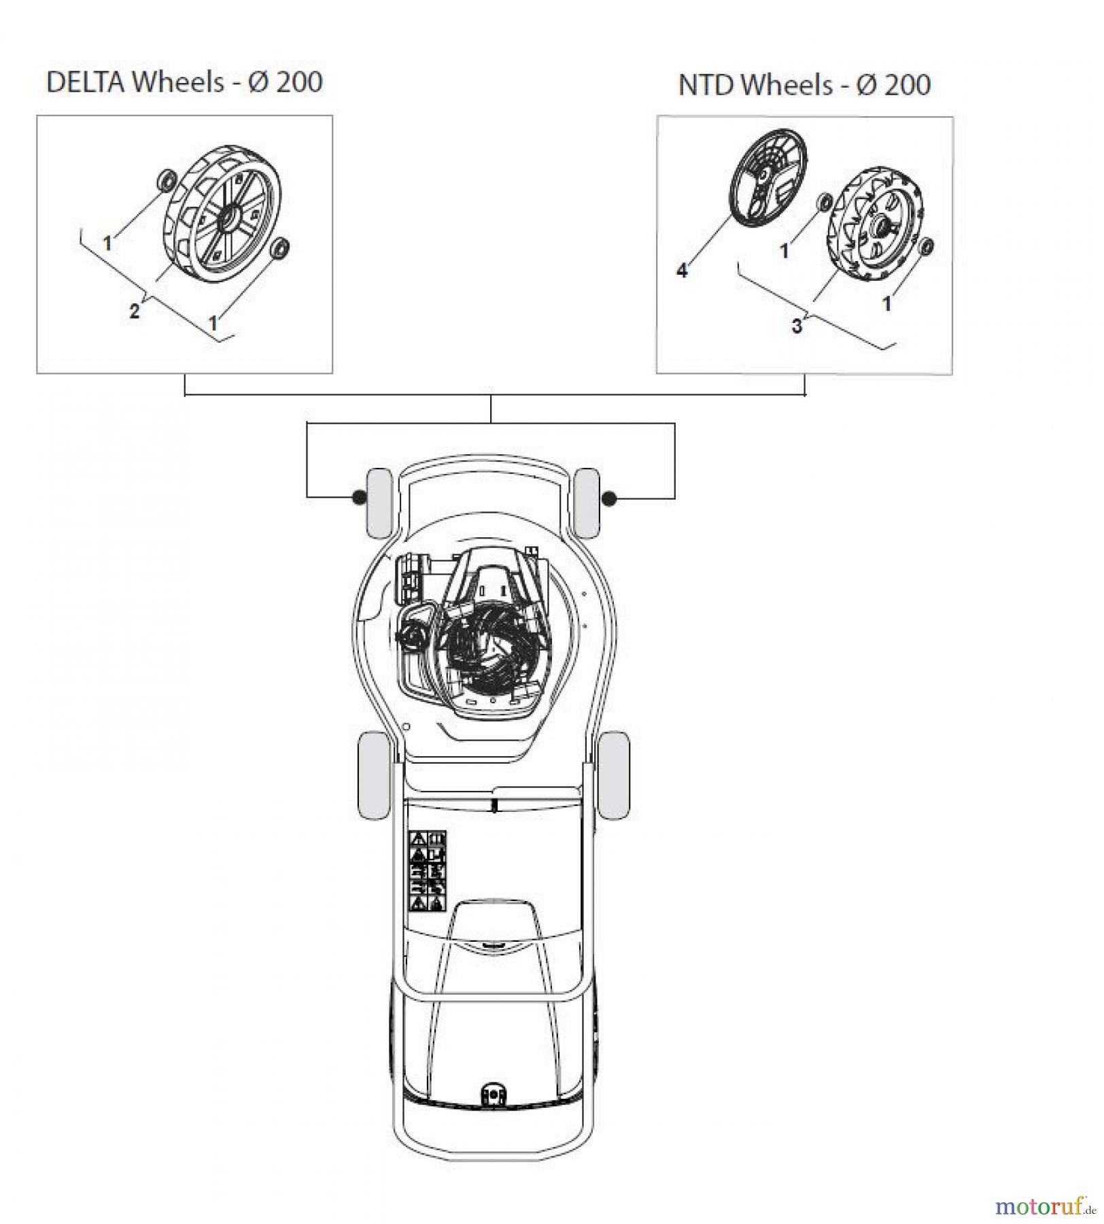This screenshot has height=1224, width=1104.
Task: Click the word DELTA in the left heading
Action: pyautogui.click(x=85, y=82)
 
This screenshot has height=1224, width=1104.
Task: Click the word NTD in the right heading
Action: pyautogui.click(x=706, y=86)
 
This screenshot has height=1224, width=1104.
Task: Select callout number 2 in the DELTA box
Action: pyautogui.click(x=135, y=311)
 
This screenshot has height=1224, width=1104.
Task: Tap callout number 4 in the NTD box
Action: pyautogui.click(x=682, y=271)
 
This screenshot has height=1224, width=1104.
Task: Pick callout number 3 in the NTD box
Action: pyautogui.click(x=797, y=326)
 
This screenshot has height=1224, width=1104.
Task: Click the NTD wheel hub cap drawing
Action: pyautogui.click(x=768, y=178)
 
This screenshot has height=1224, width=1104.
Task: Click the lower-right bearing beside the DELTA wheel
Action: pyautogui.click(x=280, y=248)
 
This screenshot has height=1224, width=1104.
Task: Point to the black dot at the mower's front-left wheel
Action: pyautogui.click(x=358, y=498)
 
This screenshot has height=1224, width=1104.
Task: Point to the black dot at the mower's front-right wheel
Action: pyautogui.click(x=609, y=499)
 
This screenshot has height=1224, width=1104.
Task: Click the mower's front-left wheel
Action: pyautogui.click(x=379, y=502)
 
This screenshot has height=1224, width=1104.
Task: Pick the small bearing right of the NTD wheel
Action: pyautogui.click(x=926, y=247)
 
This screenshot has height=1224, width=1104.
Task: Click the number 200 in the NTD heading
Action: pyautogui.click(x=907, y=86)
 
